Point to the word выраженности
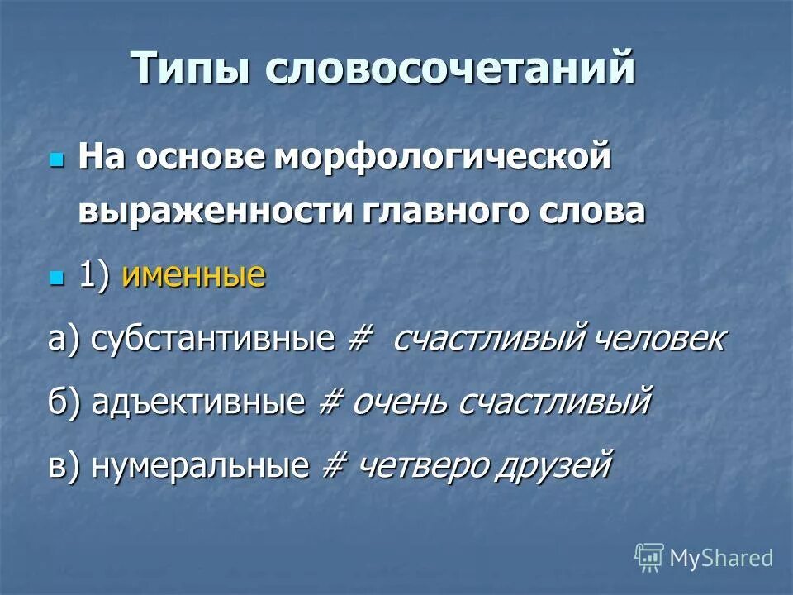(214, 211)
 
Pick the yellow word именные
(193, 274)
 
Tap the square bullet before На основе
(56, 157)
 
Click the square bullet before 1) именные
(56, 275)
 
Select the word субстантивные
(212, 339)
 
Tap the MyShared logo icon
(649, 557)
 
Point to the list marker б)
(64, 402)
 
